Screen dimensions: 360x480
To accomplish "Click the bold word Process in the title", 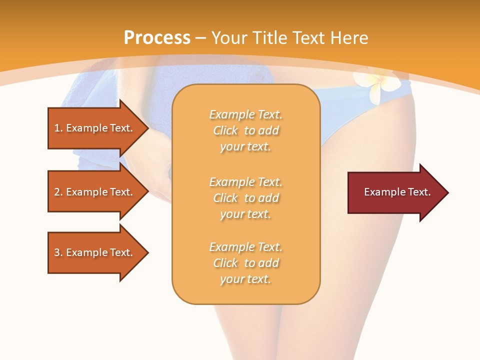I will tap(157, 38).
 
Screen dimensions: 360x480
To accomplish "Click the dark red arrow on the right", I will tap(395, 192).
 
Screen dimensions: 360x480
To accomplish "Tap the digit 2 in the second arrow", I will tap(57, 192).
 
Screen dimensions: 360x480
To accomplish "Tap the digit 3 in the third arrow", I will tap(57, 252).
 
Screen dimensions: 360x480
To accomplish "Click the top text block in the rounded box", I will tap(245, 130).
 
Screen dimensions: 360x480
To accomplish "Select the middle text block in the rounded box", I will tap(245, 198).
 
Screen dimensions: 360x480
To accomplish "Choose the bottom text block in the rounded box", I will tap(245, 263).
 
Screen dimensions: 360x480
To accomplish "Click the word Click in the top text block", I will tap(225, 131).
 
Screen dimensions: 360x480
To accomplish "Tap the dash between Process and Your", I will tap(201, 38).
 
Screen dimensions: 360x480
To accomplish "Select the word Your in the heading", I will tap(228, 38).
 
